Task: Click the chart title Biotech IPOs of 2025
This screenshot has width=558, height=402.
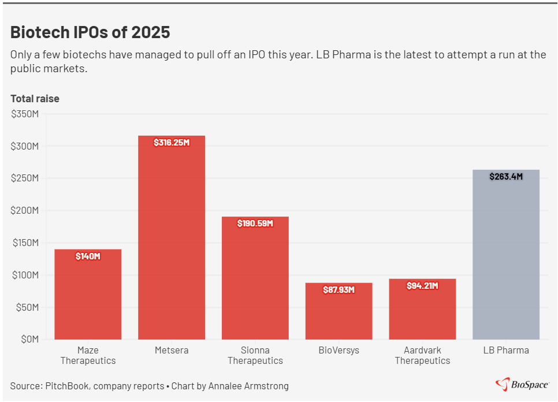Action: pyautogui.click(x=90, y=32)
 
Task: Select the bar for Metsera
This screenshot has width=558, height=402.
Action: pyautogui.click(x=171, y=243)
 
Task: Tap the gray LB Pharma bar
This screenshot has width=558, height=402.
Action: pyautogui.click(x=506, y=260)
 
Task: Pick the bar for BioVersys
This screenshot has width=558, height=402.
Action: pyautogui.click(x=338, y=315)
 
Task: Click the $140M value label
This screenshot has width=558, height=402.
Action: pyautogui.click(x=88, y=256)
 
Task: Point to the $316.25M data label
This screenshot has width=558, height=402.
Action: pyautogui.click(x=172, y=143)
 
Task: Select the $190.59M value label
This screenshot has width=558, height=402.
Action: pyautogui.click(x=255, y=224)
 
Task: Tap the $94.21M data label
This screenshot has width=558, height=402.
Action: pyautogui.click(x=422, y=286)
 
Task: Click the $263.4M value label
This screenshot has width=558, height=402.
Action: pyautogui.click(x=506, y=177)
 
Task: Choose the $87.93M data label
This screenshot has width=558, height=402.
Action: pyautogui.click(x=338, y=290)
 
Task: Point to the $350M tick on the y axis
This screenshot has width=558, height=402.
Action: pyautogui.click(x=25, y=114)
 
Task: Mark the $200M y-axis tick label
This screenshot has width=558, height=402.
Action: pyautogui.click(x=25, y=211)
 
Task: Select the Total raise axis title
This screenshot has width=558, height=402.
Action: pyautogui.click(x=35, y=99)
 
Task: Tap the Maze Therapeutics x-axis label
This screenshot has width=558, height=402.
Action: pyautogui.click(x=88, y=355)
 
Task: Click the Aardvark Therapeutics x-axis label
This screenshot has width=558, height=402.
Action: pyautogui.click(x=422, y=355)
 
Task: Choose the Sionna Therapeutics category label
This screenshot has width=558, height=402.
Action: pyautogui.click(x=255, y=355)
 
